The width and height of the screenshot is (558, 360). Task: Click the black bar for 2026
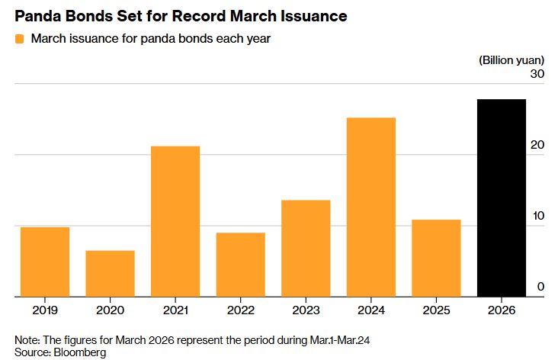502,198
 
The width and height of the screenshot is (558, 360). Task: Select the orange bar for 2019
44,262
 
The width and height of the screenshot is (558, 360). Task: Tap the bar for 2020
110,273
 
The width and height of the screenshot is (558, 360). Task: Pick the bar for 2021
175,221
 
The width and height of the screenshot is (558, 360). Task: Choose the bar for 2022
240,265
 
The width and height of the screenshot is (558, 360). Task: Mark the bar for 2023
306,248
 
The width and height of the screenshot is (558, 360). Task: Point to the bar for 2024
371,207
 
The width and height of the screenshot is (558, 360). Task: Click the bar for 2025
436,258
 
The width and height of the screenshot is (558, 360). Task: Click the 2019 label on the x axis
44,310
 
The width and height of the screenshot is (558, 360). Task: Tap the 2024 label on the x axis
371,310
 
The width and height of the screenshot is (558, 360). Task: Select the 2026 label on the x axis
502,310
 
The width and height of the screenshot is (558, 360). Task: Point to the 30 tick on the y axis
537,74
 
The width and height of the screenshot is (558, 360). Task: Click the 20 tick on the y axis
537,145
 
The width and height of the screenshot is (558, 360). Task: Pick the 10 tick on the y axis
537,216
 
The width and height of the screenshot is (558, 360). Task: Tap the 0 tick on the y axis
540,287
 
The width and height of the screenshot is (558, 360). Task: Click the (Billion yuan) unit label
511,59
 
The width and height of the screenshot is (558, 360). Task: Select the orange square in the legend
19,39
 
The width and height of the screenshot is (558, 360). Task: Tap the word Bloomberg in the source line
79,352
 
